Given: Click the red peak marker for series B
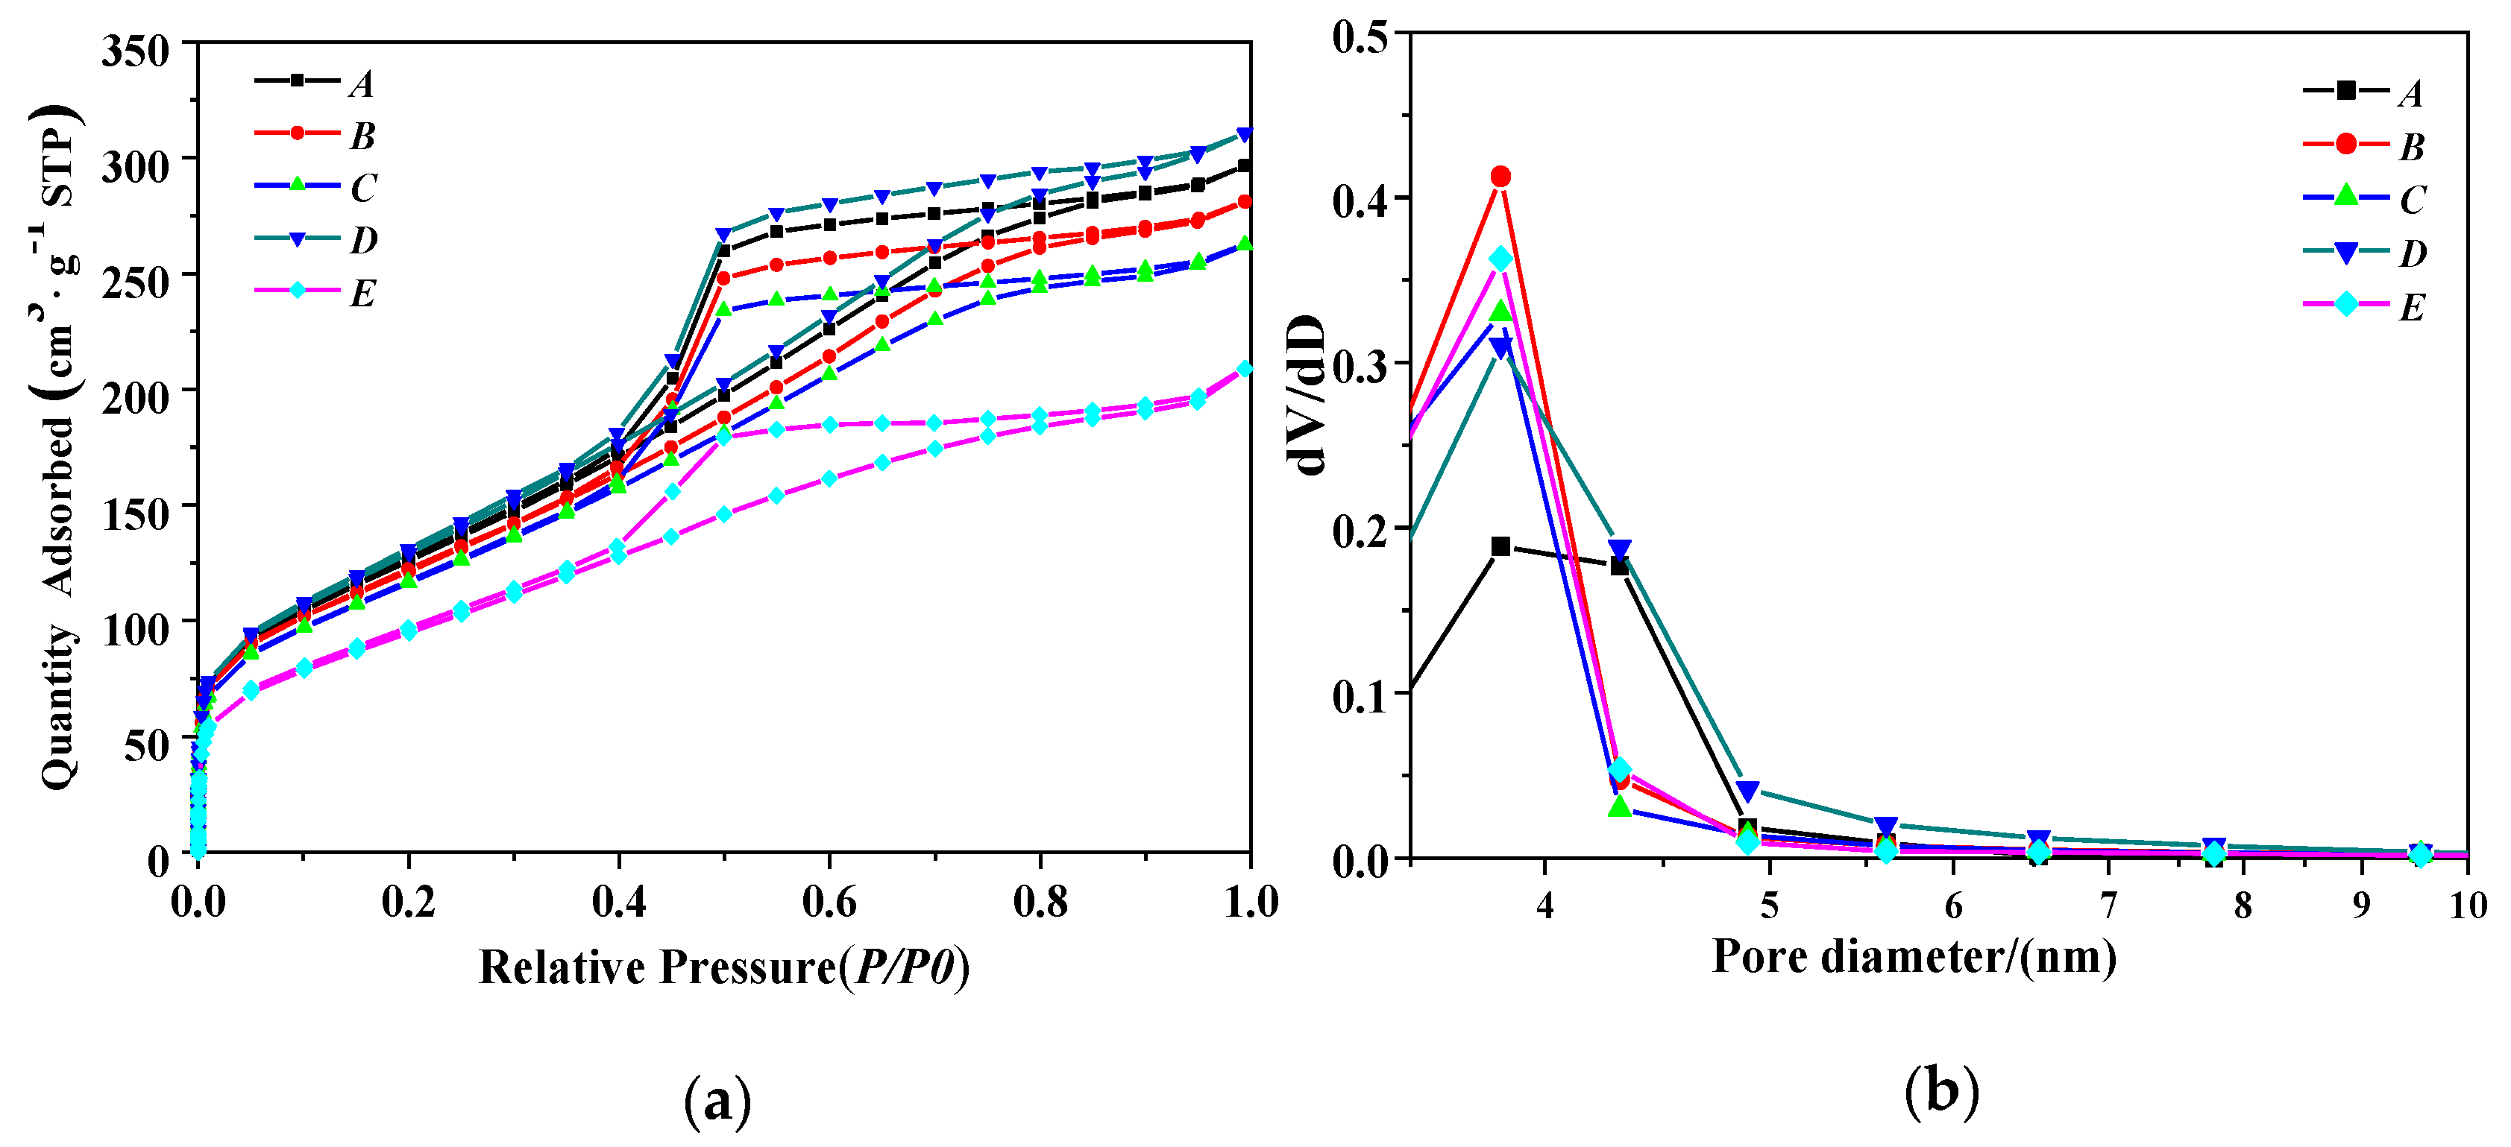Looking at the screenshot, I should click(1500, 177).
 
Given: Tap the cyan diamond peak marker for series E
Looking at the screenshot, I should click(1500, 259).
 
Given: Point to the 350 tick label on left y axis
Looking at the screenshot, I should click(136, 51).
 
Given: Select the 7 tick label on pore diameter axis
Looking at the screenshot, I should click(2108, 906).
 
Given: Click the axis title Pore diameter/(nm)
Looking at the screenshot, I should click(1914, 957).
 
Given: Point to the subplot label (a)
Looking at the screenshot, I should click(717, 1102).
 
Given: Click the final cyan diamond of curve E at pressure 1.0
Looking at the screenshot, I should click(1245, 368).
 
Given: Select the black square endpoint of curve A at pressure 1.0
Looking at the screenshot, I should click(1245, 165).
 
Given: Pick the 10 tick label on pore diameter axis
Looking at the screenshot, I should click(2468, 906).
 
